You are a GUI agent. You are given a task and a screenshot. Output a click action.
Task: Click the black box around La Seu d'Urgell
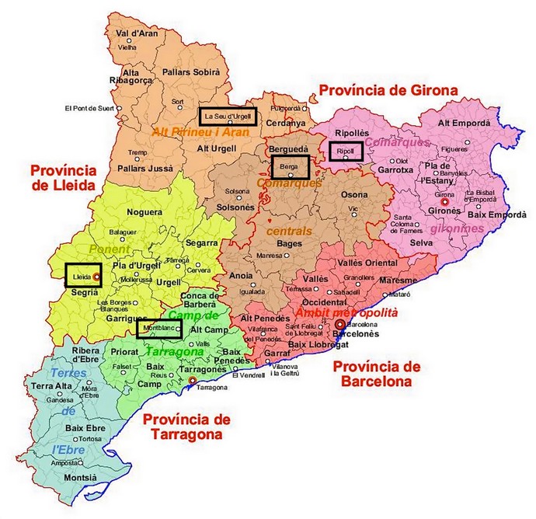[x=227, y=117]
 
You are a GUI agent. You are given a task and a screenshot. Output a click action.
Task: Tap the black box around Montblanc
[x=159, y=329]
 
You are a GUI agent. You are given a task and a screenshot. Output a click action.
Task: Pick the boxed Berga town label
[x=291, y=167]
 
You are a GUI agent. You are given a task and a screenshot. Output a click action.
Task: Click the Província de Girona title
[x=388, y=90]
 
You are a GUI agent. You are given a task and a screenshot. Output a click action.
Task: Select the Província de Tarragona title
[x=186, y=427]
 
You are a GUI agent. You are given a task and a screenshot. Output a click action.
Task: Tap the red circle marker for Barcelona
[x=339, y=324]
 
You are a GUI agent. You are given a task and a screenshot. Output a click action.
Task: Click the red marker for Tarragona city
[x=193, y=381]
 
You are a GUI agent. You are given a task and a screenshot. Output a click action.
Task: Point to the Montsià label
[x=81, y=477]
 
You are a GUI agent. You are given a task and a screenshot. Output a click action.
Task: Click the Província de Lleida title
[x=63, y=178]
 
